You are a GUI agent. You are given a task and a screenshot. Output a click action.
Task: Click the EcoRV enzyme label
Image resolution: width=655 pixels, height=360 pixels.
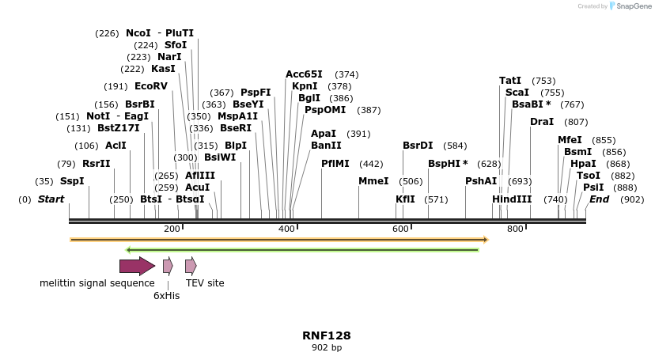151,86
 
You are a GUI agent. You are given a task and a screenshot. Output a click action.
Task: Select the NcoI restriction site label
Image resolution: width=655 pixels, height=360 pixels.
138,33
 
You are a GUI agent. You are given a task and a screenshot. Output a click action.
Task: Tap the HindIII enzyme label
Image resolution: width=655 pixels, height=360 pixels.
512,199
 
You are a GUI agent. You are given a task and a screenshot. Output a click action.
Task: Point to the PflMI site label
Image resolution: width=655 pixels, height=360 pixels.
335,164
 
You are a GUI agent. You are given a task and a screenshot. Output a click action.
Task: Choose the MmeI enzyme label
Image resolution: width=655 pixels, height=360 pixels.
373,181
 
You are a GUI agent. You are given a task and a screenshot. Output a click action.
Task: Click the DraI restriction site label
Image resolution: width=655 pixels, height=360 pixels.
542,122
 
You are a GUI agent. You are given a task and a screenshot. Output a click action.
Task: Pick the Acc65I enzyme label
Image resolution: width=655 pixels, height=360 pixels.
304,74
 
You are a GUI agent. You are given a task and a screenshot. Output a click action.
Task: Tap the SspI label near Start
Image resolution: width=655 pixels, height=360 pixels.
72,181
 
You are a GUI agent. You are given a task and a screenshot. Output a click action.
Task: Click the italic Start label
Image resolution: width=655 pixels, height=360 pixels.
51,199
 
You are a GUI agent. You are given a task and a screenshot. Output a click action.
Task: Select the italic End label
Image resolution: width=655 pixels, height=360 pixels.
599,199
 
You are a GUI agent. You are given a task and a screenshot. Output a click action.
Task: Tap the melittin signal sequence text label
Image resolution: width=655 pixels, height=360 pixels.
97,282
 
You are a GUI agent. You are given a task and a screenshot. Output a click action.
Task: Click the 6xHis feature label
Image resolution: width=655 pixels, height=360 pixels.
167,295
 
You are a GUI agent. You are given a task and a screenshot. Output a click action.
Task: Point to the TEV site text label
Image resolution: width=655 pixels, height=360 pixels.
205,282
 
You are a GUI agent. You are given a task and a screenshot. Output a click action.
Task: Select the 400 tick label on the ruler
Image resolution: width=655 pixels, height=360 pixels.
286,229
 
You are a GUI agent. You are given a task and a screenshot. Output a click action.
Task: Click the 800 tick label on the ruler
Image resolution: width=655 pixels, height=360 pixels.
515,229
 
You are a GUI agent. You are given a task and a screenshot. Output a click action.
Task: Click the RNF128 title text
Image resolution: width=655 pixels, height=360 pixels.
327,335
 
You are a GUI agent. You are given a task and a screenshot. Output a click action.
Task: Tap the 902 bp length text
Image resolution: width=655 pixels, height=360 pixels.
327,347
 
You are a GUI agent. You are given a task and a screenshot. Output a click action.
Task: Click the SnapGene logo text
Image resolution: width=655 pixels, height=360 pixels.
632,6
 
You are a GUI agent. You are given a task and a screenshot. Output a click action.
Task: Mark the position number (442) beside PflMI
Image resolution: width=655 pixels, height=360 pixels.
371,164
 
